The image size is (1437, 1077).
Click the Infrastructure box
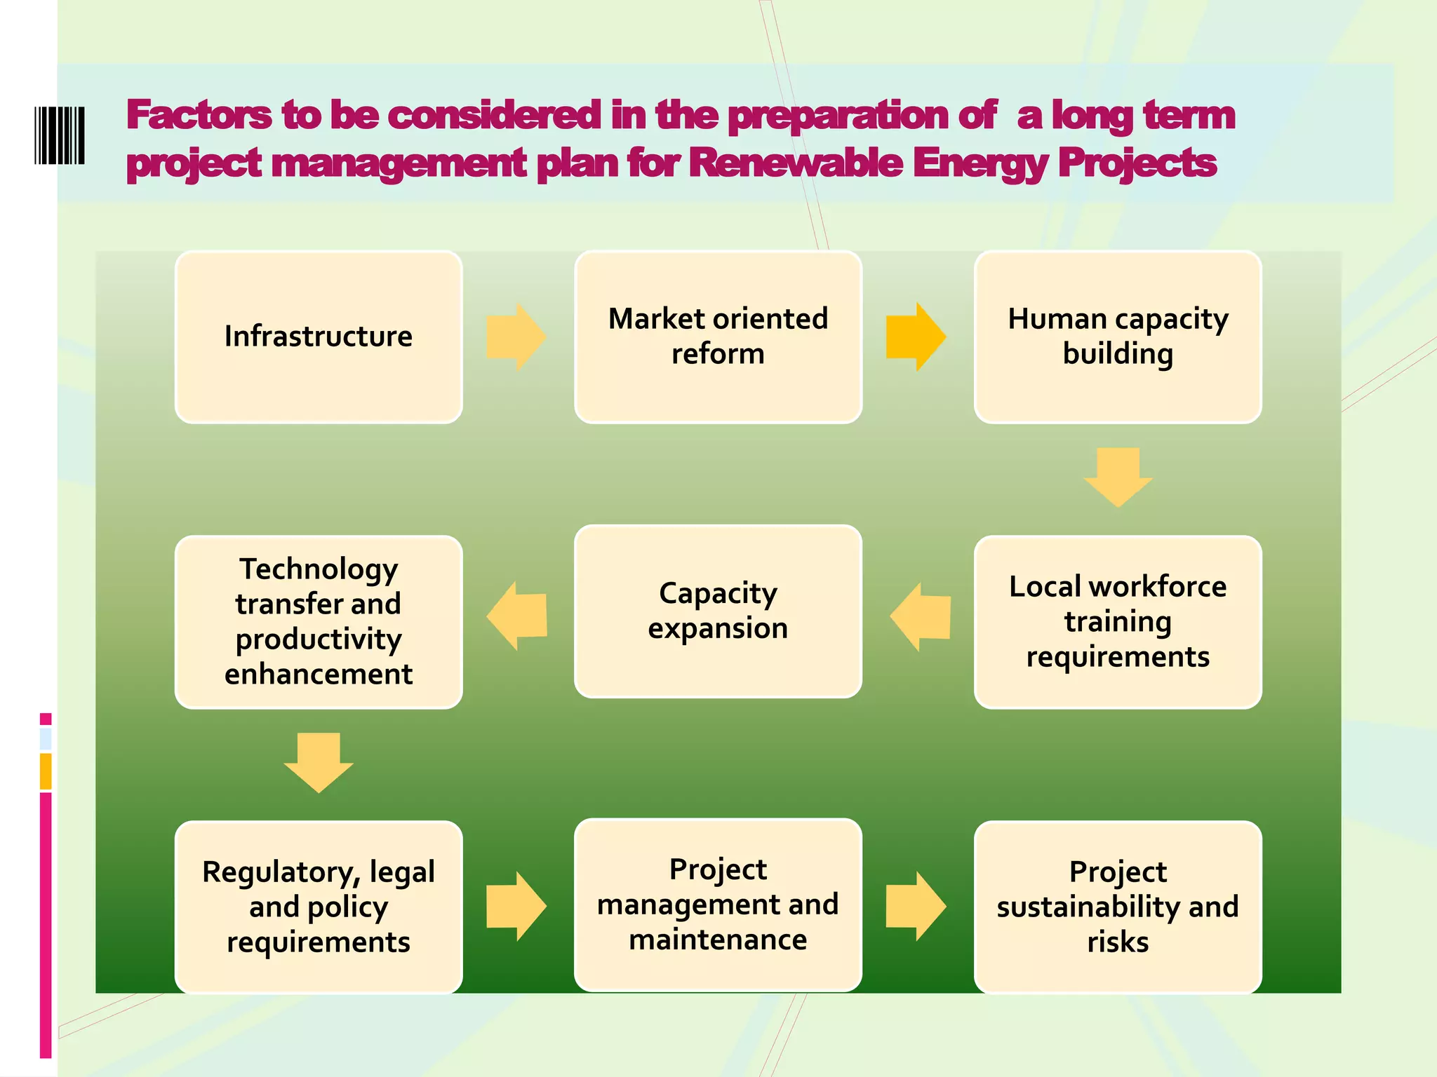pos(319,337)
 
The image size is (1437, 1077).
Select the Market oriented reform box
pos(718,337)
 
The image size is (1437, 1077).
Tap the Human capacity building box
pos(1118,337)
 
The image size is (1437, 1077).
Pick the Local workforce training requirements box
pos(1118,622)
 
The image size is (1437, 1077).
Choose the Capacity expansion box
pos(718,611)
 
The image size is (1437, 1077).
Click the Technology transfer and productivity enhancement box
pos(319,622)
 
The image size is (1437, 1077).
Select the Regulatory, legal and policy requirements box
pos(319,907)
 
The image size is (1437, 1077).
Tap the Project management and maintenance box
pos(718,905)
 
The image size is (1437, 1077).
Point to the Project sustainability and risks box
pos(1118,907)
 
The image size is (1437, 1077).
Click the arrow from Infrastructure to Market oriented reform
pos(516,337)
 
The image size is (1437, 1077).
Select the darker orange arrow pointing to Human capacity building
pos(916,337)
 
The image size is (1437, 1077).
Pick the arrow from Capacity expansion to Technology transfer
pos(517,616)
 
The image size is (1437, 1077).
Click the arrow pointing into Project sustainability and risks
pos(916,906)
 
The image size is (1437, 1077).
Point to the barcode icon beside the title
pos(60,135)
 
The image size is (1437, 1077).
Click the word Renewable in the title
pos(796,163)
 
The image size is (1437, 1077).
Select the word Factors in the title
pos(199,115)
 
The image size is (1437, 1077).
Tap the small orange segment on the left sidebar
pos(46,771)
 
